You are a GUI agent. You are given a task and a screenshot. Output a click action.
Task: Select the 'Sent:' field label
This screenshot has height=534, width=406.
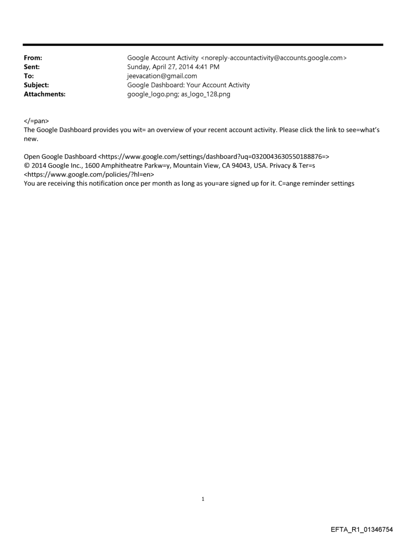[31, 67]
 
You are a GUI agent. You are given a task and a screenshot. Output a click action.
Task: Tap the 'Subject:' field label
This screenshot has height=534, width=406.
[35, 85]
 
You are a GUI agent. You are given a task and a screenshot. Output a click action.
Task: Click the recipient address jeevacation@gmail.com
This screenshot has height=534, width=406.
[162, 76]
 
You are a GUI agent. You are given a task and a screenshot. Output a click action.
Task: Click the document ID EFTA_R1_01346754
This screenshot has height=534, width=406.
[363, 525]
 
